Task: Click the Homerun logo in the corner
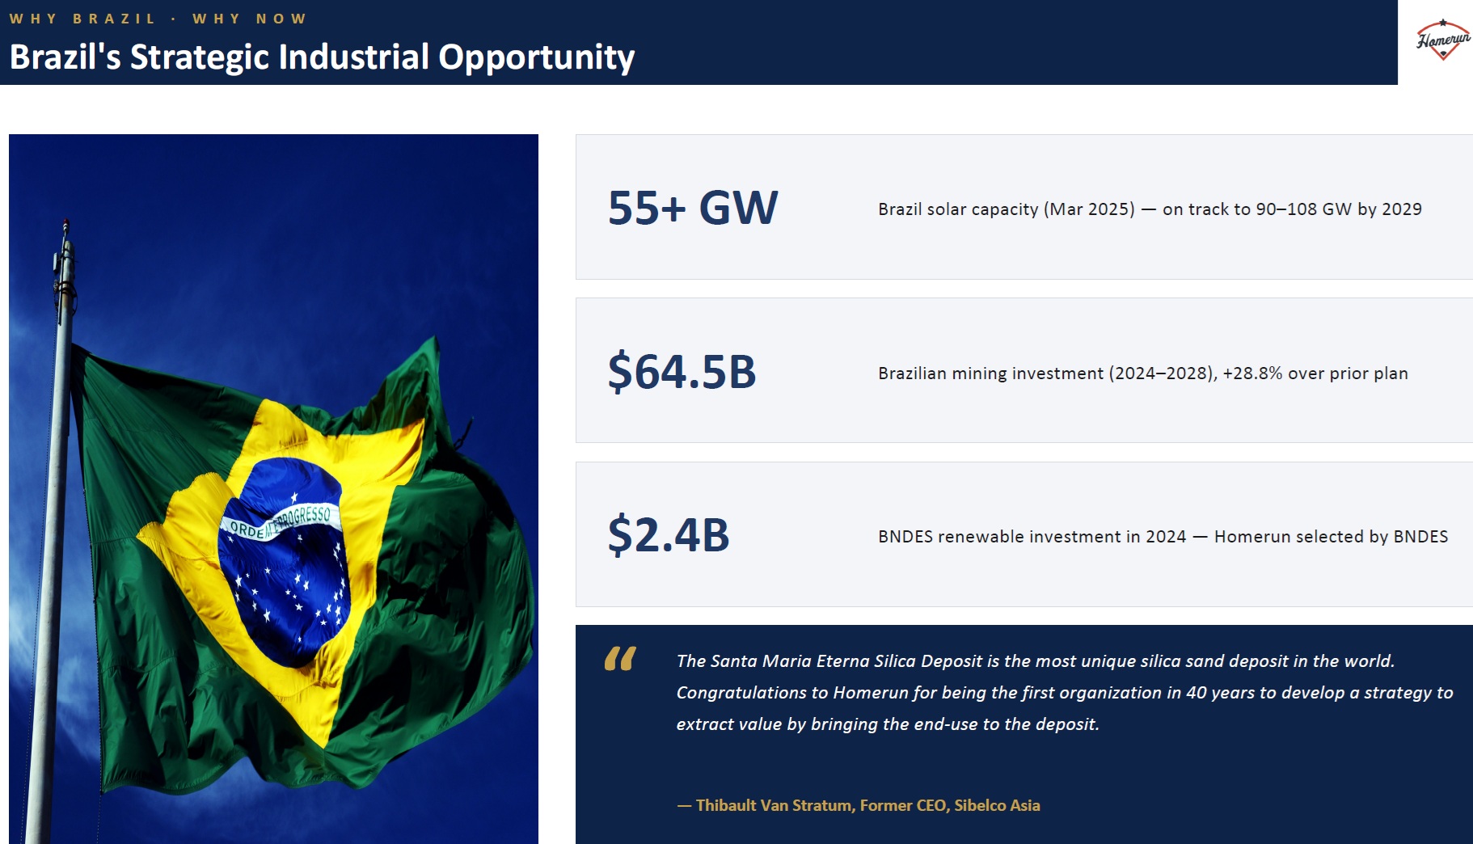coord(1443,40)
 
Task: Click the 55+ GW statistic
coord(693,208)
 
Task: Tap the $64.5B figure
coord(682,372)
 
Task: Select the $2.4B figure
coord(669,535)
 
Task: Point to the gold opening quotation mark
coord(620,659)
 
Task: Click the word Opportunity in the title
coord(536,58)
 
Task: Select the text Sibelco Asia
coord(997,805)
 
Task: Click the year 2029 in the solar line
coord(1402,209)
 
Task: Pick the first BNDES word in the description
coord(905,537)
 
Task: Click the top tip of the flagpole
coord(65,220)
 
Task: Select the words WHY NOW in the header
coord(249,19)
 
